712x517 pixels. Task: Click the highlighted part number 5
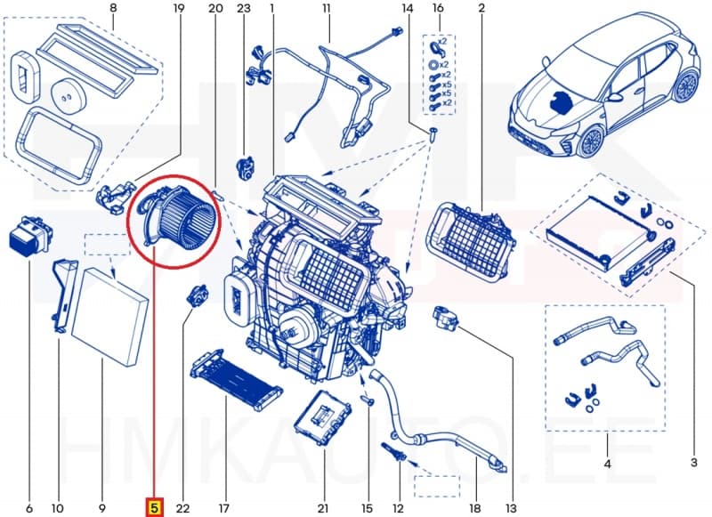tap(153, 508)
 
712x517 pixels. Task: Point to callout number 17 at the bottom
tap(224, 508)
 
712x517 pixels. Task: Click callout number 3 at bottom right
tap(693, 461)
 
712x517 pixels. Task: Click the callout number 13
tap(510, 508)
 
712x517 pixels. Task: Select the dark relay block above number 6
tap(28, 234)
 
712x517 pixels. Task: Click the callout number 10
tap(57, 508)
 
